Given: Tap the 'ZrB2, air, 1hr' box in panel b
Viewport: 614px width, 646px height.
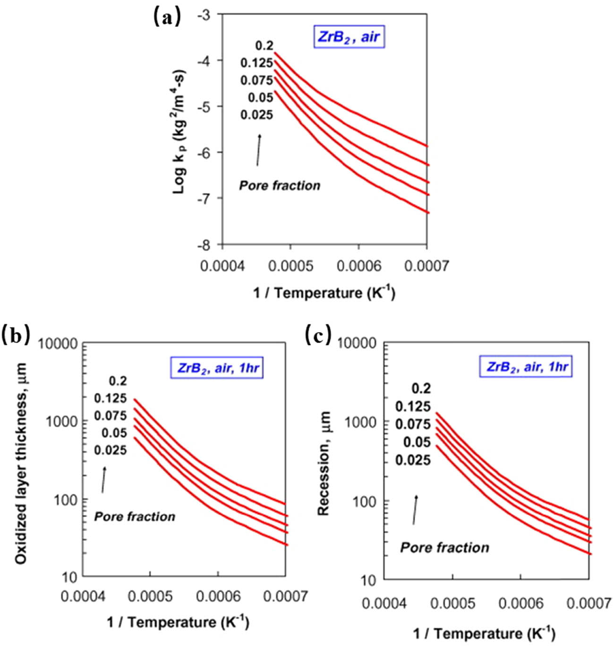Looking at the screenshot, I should tap(216, 368).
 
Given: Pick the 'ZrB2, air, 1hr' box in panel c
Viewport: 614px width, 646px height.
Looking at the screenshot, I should tap(526, 367).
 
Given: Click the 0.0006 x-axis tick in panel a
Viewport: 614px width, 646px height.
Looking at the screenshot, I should tap(359, 266).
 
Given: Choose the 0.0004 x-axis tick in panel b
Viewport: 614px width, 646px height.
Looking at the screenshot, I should tap(82, 596).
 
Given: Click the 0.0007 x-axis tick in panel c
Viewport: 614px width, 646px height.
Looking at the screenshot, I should tap(588, 603).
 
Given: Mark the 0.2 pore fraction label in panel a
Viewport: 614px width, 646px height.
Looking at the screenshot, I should tap(264, 46).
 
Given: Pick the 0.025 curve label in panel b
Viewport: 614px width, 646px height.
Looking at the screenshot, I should tap(111, 450).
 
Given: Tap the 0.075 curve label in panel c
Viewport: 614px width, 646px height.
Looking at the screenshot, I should tap(413, 424).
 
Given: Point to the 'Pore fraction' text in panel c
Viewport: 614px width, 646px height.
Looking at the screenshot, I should tap(444, 547).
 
